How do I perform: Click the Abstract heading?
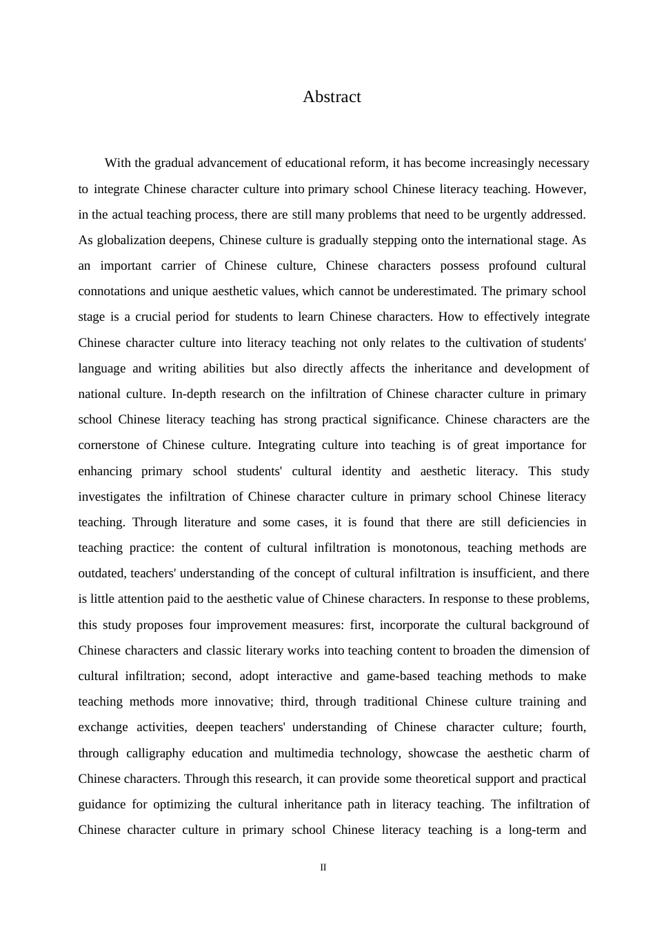pyautogui.click(x=332, y=97)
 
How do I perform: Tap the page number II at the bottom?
pyautogui.click(x=323, y=868)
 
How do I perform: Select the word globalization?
pyautogui.click(x=131, y=240)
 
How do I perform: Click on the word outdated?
pyautogui.click(x=102, y=574)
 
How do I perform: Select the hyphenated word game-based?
pyautogui.click(x=398, y=677)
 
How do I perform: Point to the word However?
pyautogui.click(x=561, y=189)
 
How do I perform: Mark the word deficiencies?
pyautogui.click(x=538, y=522)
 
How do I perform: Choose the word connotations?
pyautogui.click(x=112, y=291)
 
